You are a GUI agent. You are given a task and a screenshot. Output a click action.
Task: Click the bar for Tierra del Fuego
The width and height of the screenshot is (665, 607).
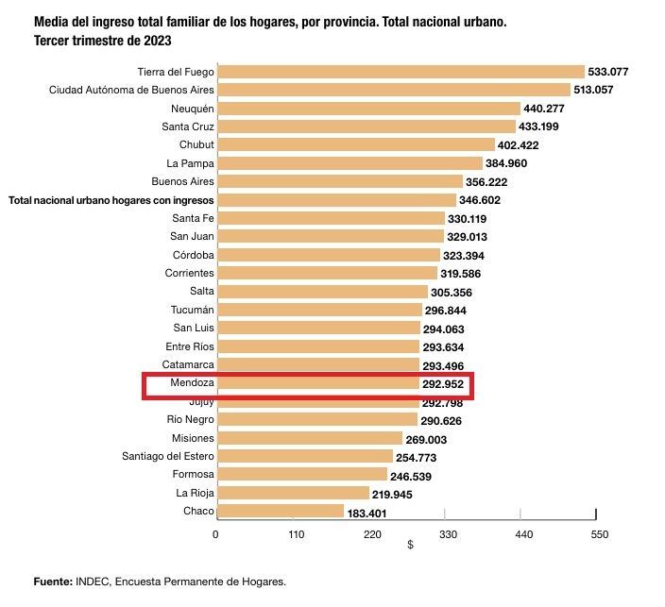pyautogui.click(x=401, y=72)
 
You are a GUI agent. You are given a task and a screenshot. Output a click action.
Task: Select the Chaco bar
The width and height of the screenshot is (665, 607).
pyautogui.click(x=280, y=511)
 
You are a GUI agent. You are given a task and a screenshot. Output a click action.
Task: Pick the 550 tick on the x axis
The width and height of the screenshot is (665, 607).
pyautogui.click(x=597, y=534)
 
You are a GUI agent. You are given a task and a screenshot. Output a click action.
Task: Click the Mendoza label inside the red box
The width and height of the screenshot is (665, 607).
pyautogui.click(x=193, y=383)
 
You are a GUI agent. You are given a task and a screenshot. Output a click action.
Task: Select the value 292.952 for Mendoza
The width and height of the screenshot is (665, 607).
pyautogui.click(x=444, y=384)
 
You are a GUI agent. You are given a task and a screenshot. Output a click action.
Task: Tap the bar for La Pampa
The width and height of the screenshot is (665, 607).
pyautogui.click(x=349, y=163)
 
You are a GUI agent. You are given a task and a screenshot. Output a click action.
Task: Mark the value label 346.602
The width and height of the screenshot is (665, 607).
pyautogui.click(x=480, y=200)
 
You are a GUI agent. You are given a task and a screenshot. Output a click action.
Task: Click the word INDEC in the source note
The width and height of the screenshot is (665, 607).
pyautogui.click(x=93, y=582)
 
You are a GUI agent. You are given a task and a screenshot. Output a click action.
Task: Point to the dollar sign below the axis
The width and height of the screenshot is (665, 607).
pyautogui.click(x=410, y=546)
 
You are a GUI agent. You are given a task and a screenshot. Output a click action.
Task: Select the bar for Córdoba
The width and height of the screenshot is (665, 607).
pyautogui.click(x=329, y=255)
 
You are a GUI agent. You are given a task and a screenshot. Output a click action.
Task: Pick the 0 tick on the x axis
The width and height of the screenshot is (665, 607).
pyautogui.click(x=215, y=534)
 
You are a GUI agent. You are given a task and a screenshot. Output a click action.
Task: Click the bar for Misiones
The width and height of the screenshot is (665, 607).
pyautogui.click(x=310, y=438)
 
